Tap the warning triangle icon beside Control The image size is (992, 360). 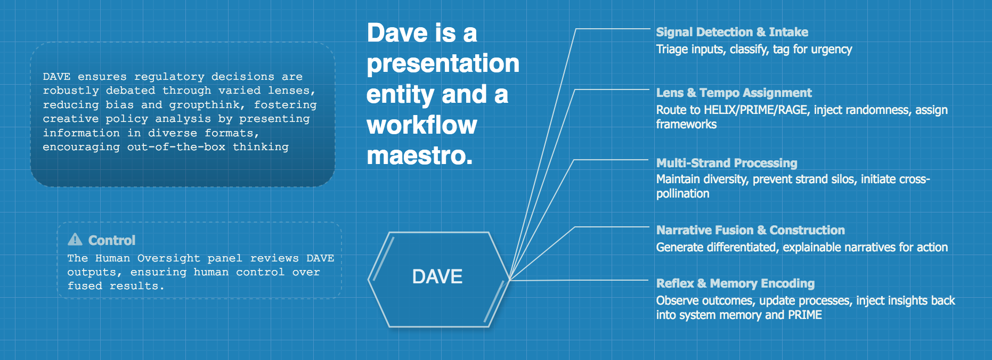[75, 240]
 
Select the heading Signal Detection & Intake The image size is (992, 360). [732, 32]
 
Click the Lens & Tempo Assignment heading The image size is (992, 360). [734, 93]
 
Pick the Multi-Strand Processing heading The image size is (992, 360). [727, 163]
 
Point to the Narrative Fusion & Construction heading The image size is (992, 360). [750, 230]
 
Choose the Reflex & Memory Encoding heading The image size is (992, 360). [735, 283]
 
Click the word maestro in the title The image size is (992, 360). [419, 156]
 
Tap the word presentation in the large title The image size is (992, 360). [443, 63]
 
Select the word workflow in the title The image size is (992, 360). [421, 125]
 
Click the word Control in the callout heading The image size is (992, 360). [112, 240]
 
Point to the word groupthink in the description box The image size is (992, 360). [205, 105]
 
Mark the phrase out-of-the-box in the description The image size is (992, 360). [176, 146]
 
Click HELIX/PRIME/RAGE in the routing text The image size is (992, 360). [755, 110]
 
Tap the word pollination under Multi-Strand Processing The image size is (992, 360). [682, 194]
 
